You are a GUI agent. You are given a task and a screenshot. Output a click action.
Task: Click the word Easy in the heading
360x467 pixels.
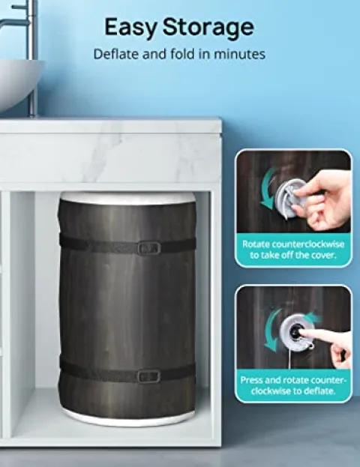(130, 28)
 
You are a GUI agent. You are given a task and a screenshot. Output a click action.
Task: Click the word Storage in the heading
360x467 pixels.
(208, 28)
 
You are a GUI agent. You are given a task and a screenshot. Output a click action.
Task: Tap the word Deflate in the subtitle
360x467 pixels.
(115, 54)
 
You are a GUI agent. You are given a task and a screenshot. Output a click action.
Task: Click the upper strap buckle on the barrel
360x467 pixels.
(148, 248)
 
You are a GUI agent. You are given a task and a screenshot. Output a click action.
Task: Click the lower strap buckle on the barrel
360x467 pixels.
(148, 376)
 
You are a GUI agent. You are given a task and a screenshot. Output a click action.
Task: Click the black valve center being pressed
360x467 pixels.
(295, 331)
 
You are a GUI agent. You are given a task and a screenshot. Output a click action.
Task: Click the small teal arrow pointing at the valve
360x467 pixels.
(313, 318)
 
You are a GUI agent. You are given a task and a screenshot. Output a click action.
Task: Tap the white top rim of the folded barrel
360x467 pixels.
(127, 197)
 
